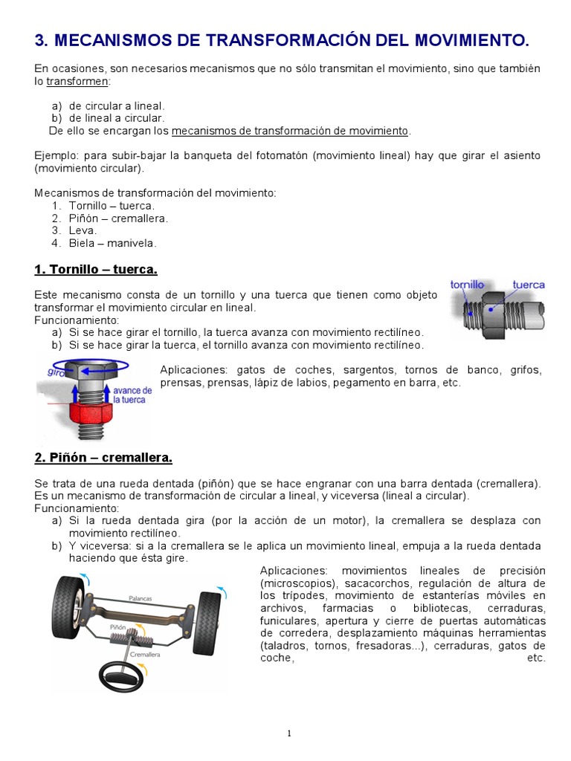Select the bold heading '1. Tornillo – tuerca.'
click(x=96, y=269)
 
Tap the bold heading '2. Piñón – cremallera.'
click(x=103, y=457)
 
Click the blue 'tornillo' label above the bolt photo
click(x=468, y=285)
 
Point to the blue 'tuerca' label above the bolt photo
click(x=529, y=285)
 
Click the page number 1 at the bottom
click(x=289, y=734)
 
